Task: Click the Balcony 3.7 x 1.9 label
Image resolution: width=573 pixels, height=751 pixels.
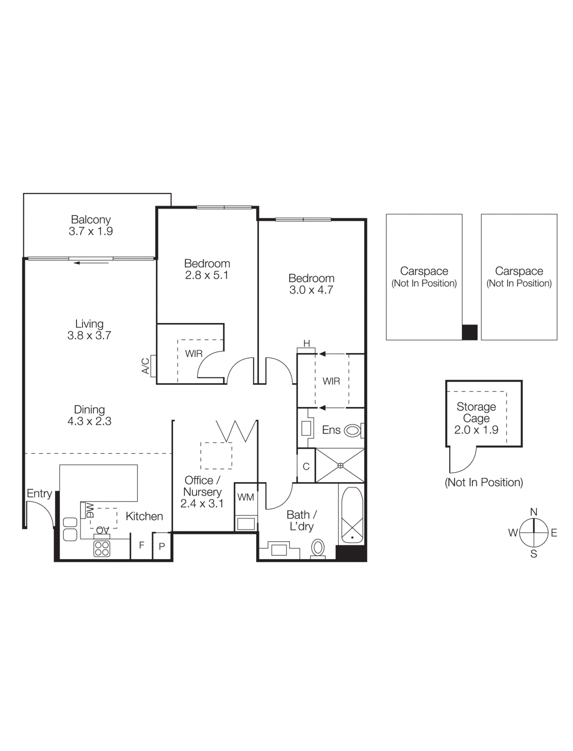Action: (x=91, y=225)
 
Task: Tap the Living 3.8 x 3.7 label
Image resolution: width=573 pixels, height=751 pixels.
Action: (x=89, y=330)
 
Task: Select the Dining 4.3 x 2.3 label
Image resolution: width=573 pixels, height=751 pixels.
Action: (x=89, y=415)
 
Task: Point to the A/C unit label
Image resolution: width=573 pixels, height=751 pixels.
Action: (x=145, y=366)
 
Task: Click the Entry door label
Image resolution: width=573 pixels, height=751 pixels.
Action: (x=39, y=493)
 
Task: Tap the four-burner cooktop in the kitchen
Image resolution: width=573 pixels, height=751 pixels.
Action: (x=102, y=548)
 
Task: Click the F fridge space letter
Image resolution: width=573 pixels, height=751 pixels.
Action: (x=141, y=545)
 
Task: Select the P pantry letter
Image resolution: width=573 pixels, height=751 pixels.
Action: (x=162, y=546)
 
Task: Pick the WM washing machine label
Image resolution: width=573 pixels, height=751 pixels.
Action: (x=245, y=497)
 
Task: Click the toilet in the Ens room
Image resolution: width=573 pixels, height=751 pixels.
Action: (x=352, y=430)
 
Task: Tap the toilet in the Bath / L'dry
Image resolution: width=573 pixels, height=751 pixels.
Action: (x=318, y=547)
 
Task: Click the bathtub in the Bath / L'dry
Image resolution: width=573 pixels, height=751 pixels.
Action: (x=352, y=515)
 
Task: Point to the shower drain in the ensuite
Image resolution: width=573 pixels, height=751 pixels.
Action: (x=340, y=466)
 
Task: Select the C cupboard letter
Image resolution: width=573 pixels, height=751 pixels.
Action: (x=306, y=467)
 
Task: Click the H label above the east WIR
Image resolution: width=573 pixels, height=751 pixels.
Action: (x=306, y=344)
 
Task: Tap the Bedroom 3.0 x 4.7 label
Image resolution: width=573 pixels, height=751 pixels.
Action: (x=311, y=284)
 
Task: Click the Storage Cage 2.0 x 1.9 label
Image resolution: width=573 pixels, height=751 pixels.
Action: (x=476, y=418)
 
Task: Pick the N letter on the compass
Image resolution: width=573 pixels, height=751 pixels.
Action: (x=534, y=512)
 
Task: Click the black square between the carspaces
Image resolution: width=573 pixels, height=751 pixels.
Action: (x=470, y=332)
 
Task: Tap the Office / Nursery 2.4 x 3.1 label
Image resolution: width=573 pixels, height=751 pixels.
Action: (x=202, y=491)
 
